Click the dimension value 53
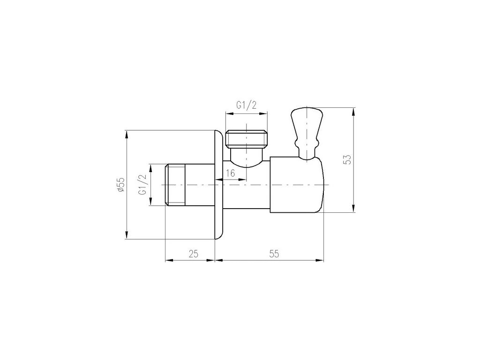pos(347,160)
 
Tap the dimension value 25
pos(193,254)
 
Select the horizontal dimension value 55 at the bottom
pos(274,254)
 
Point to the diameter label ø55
pos(121,185)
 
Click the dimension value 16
pos(230,173)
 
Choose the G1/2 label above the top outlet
pos(246,105)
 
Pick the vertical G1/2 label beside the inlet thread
pos(142,185)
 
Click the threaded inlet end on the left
pos(175,185)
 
